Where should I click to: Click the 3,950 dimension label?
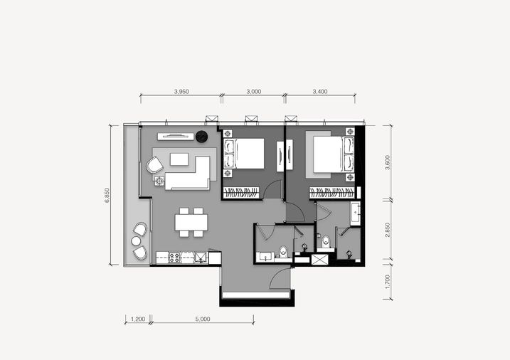tap(181, 92)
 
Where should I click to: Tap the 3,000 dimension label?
tap(253, 92)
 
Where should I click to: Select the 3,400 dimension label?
tap(320, 92)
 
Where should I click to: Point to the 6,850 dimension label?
tap(107, 195)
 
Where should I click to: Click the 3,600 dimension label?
tap(387, 162)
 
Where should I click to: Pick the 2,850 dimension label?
tap(387, 230)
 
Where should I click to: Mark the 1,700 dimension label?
tap(387, 282)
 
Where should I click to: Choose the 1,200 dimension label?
tap(138, 319)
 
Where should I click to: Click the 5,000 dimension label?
tap(203, 319)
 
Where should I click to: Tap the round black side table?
tap(202, 137)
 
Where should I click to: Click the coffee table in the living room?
tap(179, 159)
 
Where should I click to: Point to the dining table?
tap(191, 223)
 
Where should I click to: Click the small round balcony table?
tap(136, 241)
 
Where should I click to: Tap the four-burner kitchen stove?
tap(174, 258)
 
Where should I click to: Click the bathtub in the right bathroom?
tap(355, 213)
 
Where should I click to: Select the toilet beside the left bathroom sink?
tap(283, 251)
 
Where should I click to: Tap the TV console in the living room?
tap(175, 137)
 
